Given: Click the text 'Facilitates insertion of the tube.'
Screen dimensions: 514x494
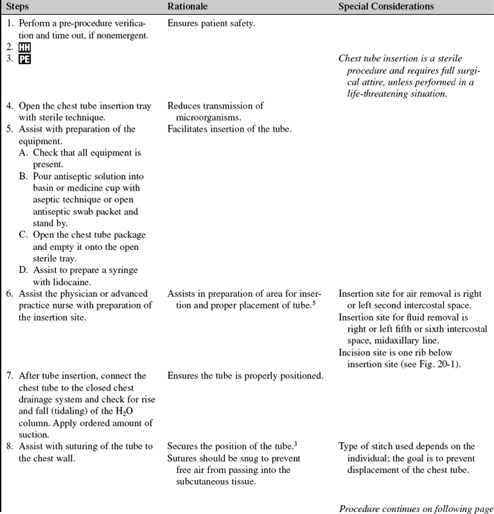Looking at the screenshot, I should coord(229,128).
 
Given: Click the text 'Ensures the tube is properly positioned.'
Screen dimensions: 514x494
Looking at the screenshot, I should coord(245,376).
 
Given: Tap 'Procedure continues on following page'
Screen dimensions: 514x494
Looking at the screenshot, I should coord(416,509).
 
